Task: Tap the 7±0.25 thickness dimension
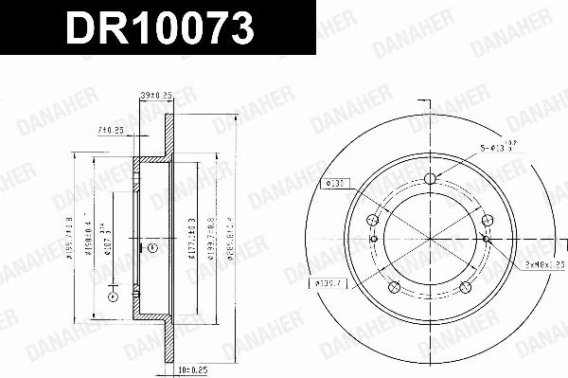pyautogui.click(x=112, y=130)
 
